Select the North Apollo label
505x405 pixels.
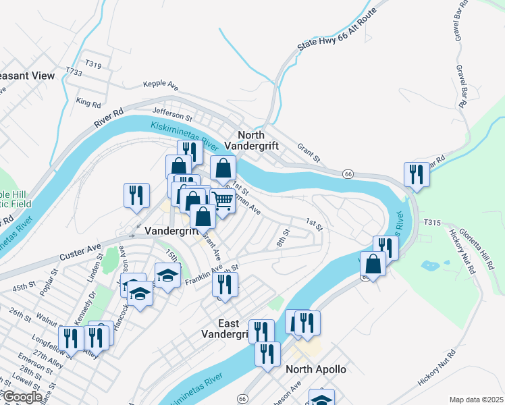(x=316, y=369)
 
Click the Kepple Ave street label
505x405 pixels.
(x=160, y=86)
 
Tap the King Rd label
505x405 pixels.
(x=88, y=103)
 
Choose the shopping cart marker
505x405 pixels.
(x=223, y=199)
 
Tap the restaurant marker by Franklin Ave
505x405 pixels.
(x=225, y=284)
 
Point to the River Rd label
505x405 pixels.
(x=108, y=119)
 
